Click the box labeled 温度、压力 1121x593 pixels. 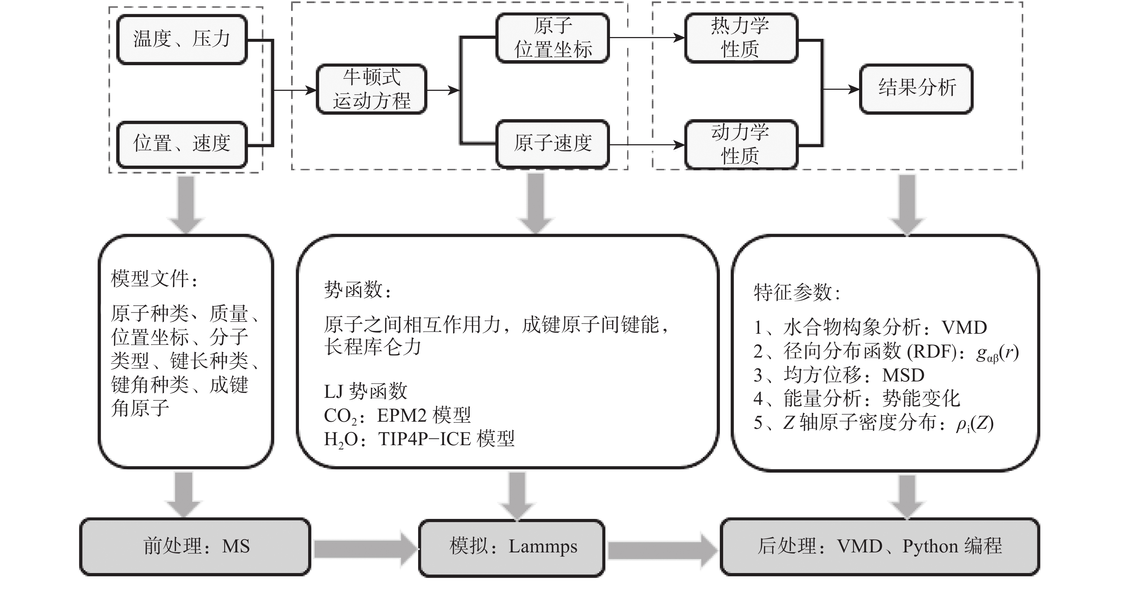[x=182, y=39]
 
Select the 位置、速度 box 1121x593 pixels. [x=182, y=144]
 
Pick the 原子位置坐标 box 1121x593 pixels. [x=553, y=38]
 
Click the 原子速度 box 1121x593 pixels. [x=553, y=144]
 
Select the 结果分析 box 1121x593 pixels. [x=916, y=89]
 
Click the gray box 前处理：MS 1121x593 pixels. [x=195, y=546]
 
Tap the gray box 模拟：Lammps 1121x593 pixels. [x=512, y=548]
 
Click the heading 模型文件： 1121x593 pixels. [x=155, y=279]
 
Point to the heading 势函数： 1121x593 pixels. [x=358, y=290]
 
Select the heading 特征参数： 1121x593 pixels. [x=797, y=292]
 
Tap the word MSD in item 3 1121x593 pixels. [x=904, y=375]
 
